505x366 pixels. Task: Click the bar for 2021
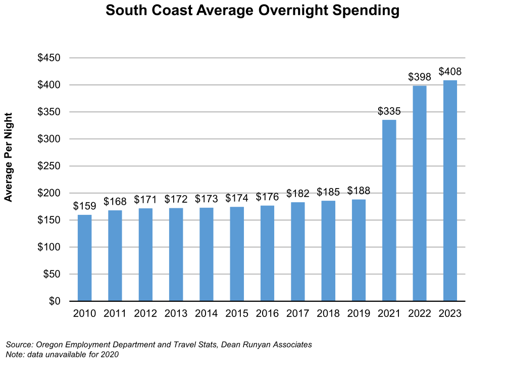[389, 210]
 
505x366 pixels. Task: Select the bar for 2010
[84, 258]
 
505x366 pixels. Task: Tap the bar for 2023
[450, 191]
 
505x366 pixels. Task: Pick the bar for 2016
[267, 253]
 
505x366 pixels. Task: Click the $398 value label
[420, 77]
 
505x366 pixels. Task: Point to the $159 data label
[84, 206]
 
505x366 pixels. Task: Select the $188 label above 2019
[359, 191]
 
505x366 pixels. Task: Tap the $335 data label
[389, 111]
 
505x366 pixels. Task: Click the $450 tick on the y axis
[49, 58]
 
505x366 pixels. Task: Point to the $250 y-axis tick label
[49, 166]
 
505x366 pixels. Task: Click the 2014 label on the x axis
[206, 314]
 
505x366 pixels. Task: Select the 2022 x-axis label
[420, 314]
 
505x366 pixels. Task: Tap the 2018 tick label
[328, 314]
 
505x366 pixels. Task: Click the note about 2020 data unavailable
[62, 354]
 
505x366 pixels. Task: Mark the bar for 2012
[145, 255]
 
